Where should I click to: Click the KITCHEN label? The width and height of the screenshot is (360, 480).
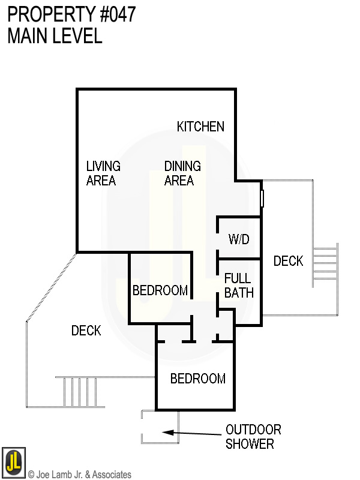click(x=200, y=127)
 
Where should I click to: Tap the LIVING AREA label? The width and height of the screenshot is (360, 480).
click(x=103, y=173)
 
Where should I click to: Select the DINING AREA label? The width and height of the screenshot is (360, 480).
click(x=182, y=173)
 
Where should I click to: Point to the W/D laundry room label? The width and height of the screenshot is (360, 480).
click(x=239, y=239)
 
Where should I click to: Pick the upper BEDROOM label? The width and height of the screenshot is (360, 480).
click(x=160, y=290)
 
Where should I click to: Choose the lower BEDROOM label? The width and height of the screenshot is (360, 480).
click(x=198, y=379)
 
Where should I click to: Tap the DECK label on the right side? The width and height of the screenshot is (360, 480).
click(x=289, y=261)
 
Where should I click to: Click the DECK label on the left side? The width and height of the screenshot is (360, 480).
click(x=86, y=331)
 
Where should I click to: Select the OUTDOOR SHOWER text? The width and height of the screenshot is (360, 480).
click(x=253, y=437)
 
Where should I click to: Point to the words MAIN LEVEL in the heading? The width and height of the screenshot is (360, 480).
click(x=55, y=35)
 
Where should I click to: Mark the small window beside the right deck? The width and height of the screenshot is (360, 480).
click(x=262, y=199)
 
